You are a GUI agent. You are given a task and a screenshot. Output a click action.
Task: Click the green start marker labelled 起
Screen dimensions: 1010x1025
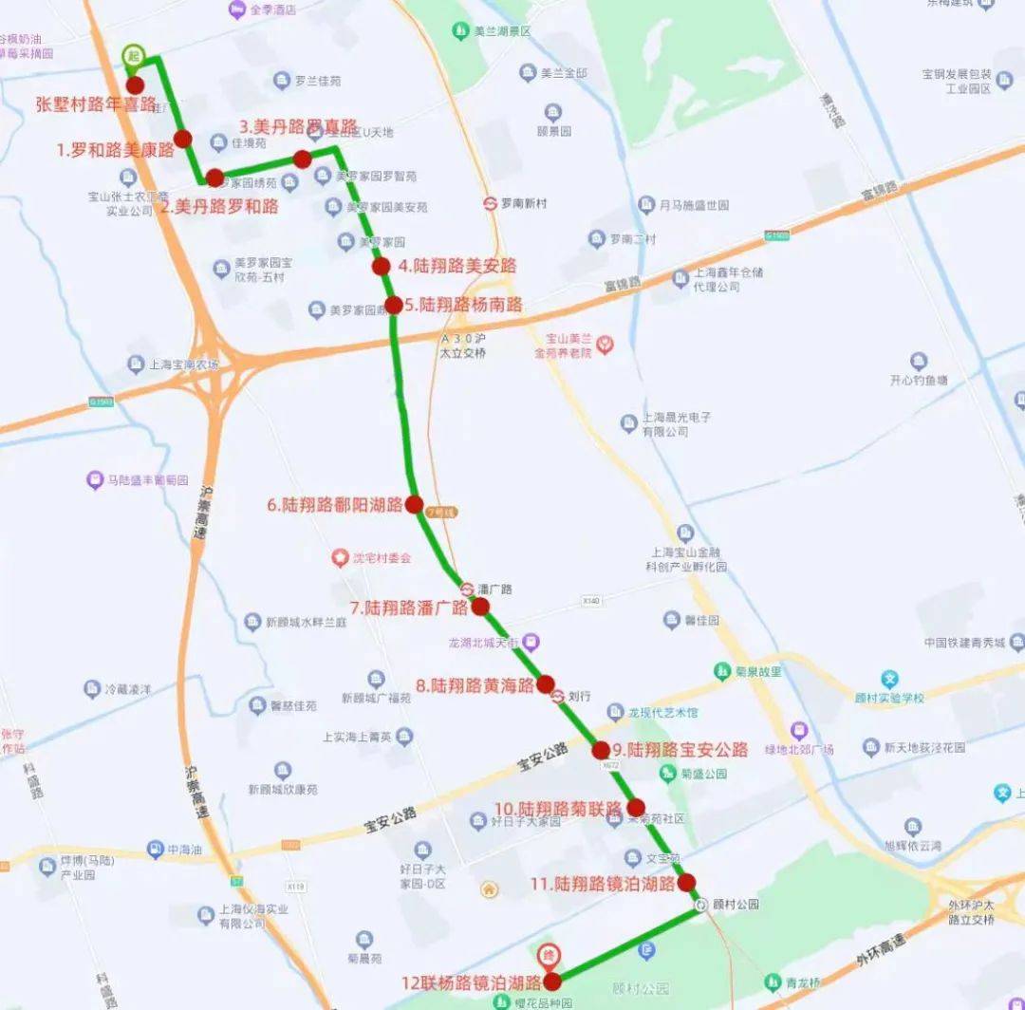click(134, 55)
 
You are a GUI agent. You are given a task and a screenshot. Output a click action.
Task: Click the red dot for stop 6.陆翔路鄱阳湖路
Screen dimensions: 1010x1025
click(414, 505)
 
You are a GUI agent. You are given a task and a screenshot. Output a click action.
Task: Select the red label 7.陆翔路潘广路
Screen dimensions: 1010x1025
click(409, 608)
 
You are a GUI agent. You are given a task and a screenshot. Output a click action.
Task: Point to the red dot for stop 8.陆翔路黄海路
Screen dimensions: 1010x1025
click(546, 683)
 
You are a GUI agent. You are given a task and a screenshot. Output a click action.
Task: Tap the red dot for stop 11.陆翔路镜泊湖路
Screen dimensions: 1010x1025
click(686, 882)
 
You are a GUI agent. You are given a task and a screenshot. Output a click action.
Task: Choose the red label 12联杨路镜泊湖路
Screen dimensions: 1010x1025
click(471, 982)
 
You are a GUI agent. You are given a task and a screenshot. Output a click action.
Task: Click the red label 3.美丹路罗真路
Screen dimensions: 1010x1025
click(298, 126)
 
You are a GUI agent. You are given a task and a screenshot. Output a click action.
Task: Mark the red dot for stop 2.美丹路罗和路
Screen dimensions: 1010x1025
click(214, 178)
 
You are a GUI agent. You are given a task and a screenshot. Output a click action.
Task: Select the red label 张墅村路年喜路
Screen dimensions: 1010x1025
click(96, 103)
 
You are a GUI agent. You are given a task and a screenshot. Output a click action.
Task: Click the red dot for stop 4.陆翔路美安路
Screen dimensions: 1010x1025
click(381, 267)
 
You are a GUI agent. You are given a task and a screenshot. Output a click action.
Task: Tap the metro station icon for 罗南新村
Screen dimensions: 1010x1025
click(491, 203)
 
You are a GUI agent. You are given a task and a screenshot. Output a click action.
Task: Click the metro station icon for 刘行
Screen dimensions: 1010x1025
click(558, 696)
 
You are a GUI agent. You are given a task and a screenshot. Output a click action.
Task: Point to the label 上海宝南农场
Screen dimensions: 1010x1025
click(184, 365)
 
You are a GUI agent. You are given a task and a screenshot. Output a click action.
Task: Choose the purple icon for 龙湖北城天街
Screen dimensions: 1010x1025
click(531, 643)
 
